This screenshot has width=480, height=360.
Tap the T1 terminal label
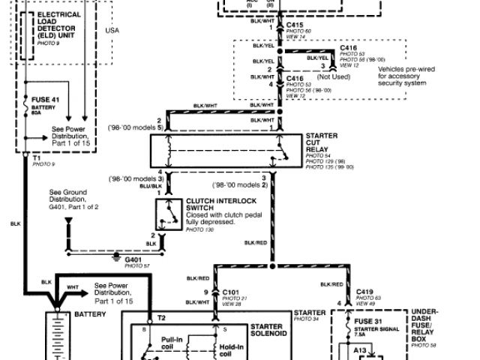(x=36, y=157)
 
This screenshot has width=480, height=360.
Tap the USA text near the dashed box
(x=112, y=30)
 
